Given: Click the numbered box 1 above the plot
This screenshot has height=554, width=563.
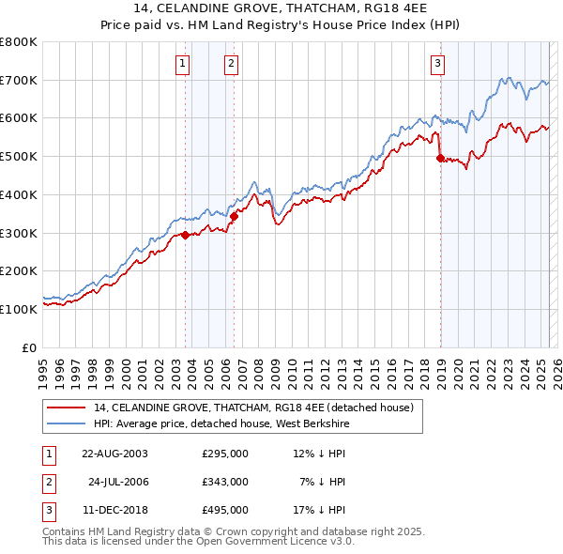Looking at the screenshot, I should pyautogui.click(x=181, y=64).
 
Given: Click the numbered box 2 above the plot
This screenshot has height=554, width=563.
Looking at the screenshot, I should pyautogui.click(x=230, y=64).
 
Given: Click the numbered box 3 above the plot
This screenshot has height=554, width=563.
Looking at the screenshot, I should pyautogui.click(x=437, y=64).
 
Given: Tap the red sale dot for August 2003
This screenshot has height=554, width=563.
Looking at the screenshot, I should pyautogui.click(x=186, y=235).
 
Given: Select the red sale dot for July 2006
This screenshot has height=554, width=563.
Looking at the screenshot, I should pyautogui.click(x=234, y=216).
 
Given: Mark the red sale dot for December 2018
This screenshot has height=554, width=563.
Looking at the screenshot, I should pyautogui.click(x=440, y=159).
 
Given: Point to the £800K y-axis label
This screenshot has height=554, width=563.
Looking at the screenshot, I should pyautogui.click(x=19, y=42).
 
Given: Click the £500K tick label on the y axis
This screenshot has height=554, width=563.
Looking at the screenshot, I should pyautogui.click(x=19, y=157).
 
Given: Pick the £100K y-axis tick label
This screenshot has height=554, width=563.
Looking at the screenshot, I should pyautogui.click(x=19, y=309).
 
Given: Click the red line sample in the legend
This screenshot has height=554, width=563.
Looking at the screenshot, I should pyautogui.click(x=66, y=408).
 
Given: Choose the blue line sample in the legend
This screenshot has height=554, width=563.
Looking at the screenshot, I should pyautogui.click(x=66, y=424).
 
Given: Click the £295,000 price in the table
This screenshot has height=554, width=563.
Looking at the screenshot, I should pyautogui.click(x=225, y=454).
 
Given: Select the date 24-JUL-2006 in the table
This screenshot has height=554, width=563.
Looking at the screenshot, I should pyautogui.click(x=118, y=482).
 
